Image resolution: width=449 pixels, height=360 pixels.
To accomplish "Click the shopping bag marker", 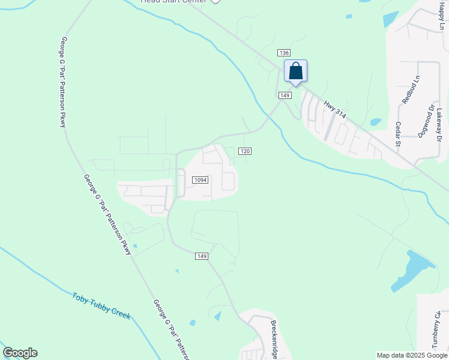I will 295,71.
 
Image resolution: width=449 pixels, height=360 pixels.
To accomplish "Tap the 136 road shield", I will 285,53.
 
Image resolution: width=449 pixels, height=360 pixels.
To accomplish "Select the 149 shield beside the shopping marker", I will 285,95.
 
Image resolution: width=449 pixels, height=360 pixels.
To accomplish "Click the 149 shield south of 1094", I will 202,256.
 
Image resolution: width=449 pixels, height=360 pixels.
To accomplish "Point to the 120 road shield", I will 244,151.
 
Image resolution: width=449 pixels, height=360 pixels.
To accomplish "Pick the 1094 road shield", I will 200,180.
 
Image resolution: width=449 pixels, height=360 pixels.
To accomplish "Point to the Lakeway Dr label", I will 439,125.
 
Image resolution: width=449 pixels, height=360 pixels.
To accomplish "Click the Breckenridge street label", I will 273,336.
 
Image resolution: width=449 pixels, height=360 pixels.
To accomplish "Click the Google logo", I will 20,353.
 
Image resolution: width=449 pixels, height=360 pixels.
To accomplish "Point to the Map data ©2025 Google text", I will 412,355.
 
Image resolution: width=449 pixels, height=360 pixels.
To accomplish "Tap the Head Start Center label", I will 173,2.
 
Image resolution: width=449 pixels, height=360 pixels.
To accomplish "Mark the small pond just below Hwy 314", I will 376,122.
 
